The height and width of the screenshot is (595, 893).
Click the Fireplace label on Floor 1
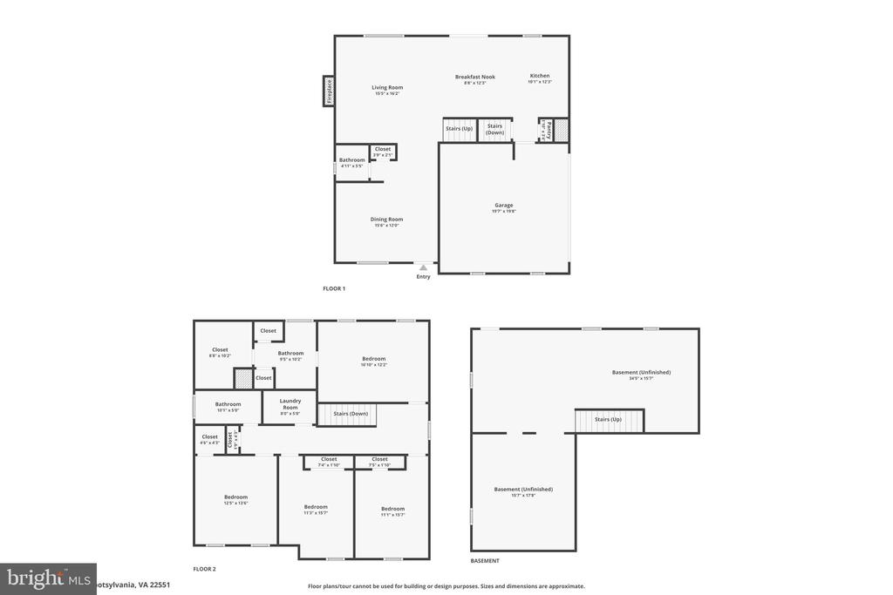tap(329, 91)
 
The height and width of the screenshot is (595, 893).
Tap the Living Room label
tap(387, 87)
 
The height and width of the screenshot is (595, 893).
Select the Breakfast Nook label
tap(474, 77)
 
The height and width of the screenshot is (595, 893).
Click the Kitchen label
tap(540, 76)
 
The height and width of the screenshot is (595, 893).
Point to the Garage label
tap(504, 206)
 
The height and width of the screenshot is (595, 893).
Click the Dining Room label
tap(386, 220)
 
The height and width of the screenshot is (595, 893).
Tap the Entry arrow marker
tap(423, 268)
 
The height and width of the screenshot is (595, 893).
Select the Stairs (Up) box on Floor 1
tap(460, 129)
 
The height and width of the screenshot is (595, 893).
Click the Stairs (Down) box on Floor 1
tap(494, 129)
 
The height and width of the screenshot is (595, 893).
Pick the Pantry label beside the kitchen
tap(549, 131)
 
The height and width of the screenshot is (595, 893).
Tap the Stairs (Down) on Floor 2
tap(351, 414)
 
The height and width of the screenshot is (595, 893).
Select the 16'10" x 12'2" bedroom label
tap(374, 359)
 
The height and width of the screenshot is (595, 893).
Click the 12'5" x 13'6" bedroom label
tap(235, 497)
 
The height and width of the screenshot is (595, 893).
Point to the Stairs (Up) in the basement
tap(609, 420)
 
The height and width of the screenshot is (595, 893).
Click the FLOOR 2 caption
tap(204, 569)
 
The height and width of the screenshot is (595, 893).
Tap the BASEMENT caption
tap(485, 561)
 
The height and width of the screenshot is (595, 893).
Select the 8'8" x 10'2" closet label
tap(220, 350)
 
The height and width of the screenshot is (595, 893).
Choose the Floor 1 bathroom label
tap(352, 160)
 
